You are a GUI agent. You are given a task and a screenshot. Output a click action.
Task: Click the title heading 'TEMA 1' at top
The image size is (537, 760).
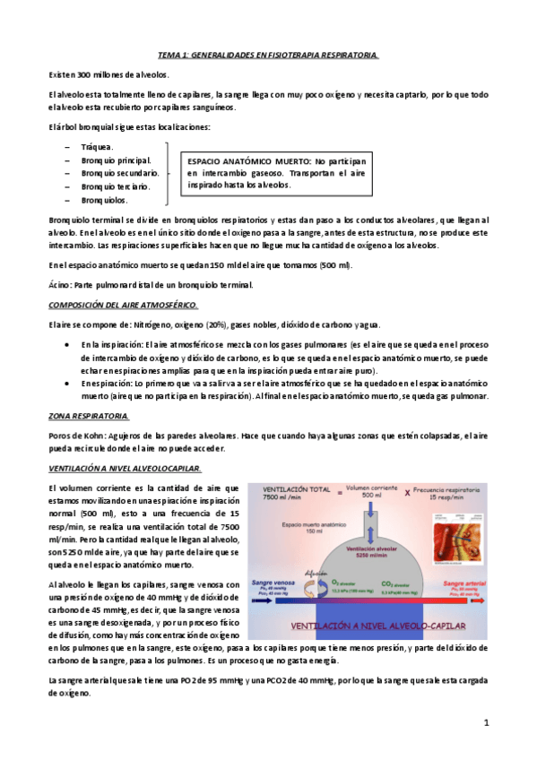(x=268, y=54)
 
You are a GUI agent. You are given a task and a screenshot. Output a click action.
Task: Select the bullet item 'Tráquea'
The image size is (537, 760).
(x=97, y=146)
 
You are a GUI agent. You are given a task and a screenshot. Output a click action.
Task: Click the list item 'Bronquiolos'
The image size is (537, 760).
(x=103, y=200)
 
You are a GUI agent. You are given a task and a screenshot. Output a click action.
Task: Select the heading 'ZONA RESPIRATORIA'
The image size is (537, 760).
(x=88, y=415)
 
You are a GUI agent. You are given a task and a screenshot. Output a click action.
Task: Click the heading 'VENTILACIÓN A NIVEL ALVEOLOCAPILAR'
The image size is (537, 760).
(x=125, y=468)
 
